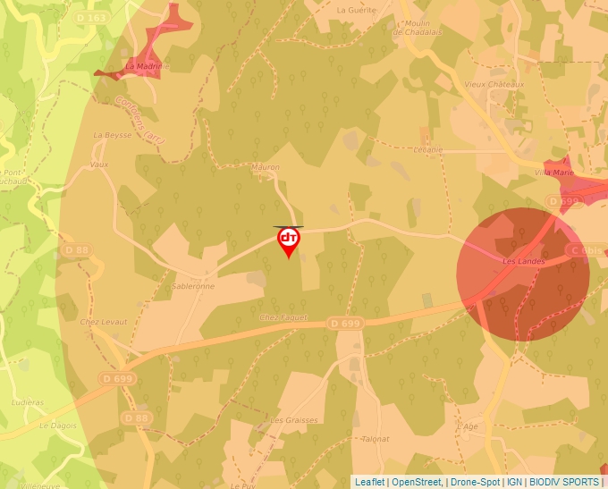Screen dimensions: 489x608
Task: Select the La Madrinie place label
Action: [x=143, y=66]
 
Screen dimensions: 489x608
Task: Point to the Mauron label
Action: [x=266, y=167]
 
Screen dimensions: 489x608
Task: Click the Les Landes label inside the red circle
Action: [x=523, y=261]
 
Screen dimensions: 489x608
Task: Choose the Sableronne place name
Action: [x=193, y=287]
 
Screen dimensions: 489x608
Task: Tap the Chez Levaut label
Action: [x=105, y=322]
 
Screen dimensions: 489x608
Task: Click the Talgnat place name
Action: [x=376, y=439]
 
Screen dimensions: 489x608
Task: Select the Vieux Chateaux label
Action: [x=494, y=84]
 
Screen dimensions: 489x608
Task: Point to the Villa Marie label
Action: [x=553, y=172]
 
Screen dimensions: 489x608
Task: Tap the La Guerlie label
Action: [x=355, y=11]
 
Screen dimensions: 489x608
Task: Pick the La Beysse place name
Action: [x=113, y=135]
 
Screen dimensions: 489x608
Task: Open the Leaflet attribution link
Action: [x=369, y=482]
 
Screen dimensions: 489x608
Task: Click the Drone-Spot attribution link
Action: [x=474, y=482]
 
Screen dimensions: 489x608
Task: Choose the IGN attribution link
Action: [x=514, y=482]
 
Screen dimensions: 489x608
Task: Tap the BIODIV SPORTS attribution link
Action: [x=563, y=482]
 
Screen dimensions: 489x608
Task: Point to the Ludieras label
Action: [x=27, y=402]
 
